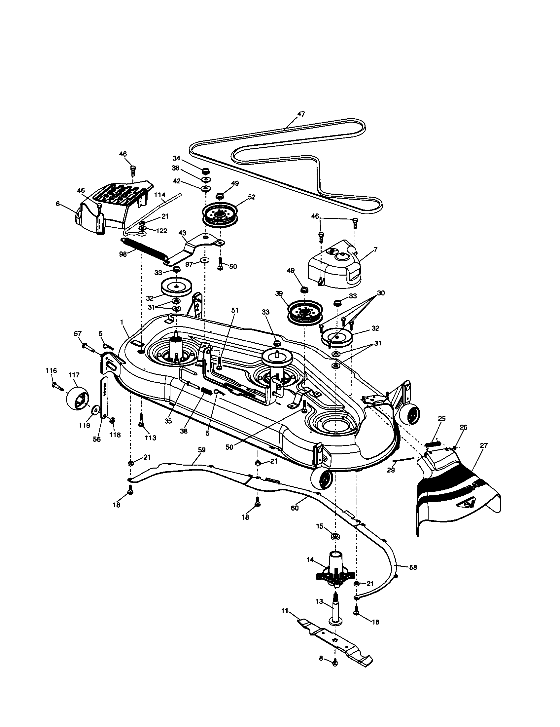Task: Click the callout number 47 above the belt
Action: [300, 114]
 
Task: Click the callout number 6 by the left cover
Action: [58, 204]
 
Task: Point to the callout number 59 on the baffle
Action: [201, 450]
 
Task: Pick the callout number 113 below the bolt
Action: [150, 438]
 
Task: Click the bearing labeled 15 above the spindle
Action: [335, 537]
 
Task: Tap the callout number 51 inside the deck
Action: [235, 310]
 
